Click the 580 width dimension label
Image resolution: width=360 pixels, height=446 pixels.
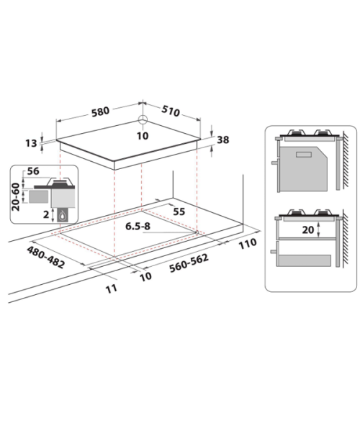[x=101, y=111]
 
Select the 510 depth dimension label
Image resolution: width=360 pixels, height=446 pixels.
[x=171, y=111]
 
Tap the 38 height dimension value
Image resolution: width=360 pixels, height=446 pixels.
[x=222, y=140]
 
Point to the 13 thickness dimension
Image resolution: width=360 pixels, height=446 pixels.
[x=31, y=143]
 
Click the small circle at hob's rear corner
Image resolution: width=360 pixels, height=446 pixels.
[x=143, y=119]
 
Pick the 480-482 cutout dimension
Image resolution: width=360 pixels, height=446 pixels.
[x=46, y=257]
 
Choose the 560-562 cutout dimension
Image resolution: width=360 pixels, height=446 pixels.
[x=189, y=263]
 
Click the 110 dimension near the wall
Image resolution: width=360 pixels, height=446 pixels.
[x=247, y=244]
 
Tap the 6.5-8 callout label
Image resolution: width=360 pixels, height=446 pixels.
[x=138, y=226]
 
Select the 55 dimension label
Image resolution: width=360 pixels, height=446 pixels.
[x=179, y=211]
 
